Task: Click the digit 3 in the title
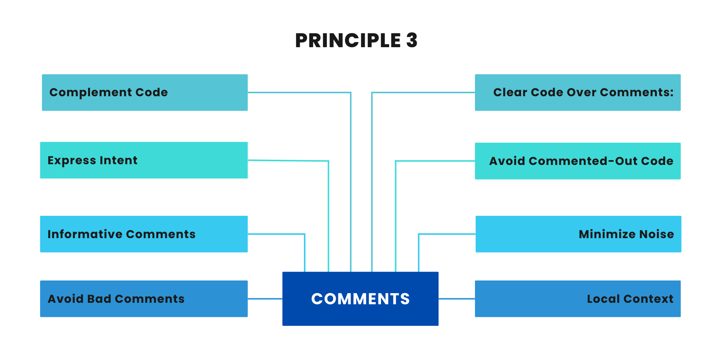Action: pyautogui.click(x=411, y=40)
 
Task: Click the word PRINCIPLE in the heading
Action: pyautogui.click(x=348, y=40)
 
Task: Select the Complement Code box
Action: pyautogui.click(x=145, y=93)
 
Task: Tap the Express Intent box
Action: pyautogui.click(x=144, y=160)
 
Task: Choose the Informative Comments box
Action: pyautogui.click(x=144, y=234)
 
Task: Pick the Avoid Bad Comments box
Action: pyautogui.click(x=144, y=299)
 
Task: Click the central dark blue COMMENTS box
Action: pyautogui.click(x=360, y=299)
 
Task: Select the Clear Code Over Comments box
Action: pyautogui.click(x=577, y=93)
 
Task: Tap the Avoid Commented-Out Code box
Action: pyautogui.click(x=577, y=161)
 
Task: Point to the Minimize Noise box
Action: pyautogui.click(x=578, y=234)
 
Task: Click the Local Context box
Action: pyautogui.click(x=577, y=299)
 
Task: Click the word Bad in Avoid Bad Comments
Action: pyautogui.click(x=99, y=299)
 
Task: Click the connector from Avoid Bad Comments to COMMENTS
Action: pyautogui.click(x=265, y=299)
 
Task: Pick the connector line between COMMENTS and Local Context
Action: pyautogui.click(x=456, y=299)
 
